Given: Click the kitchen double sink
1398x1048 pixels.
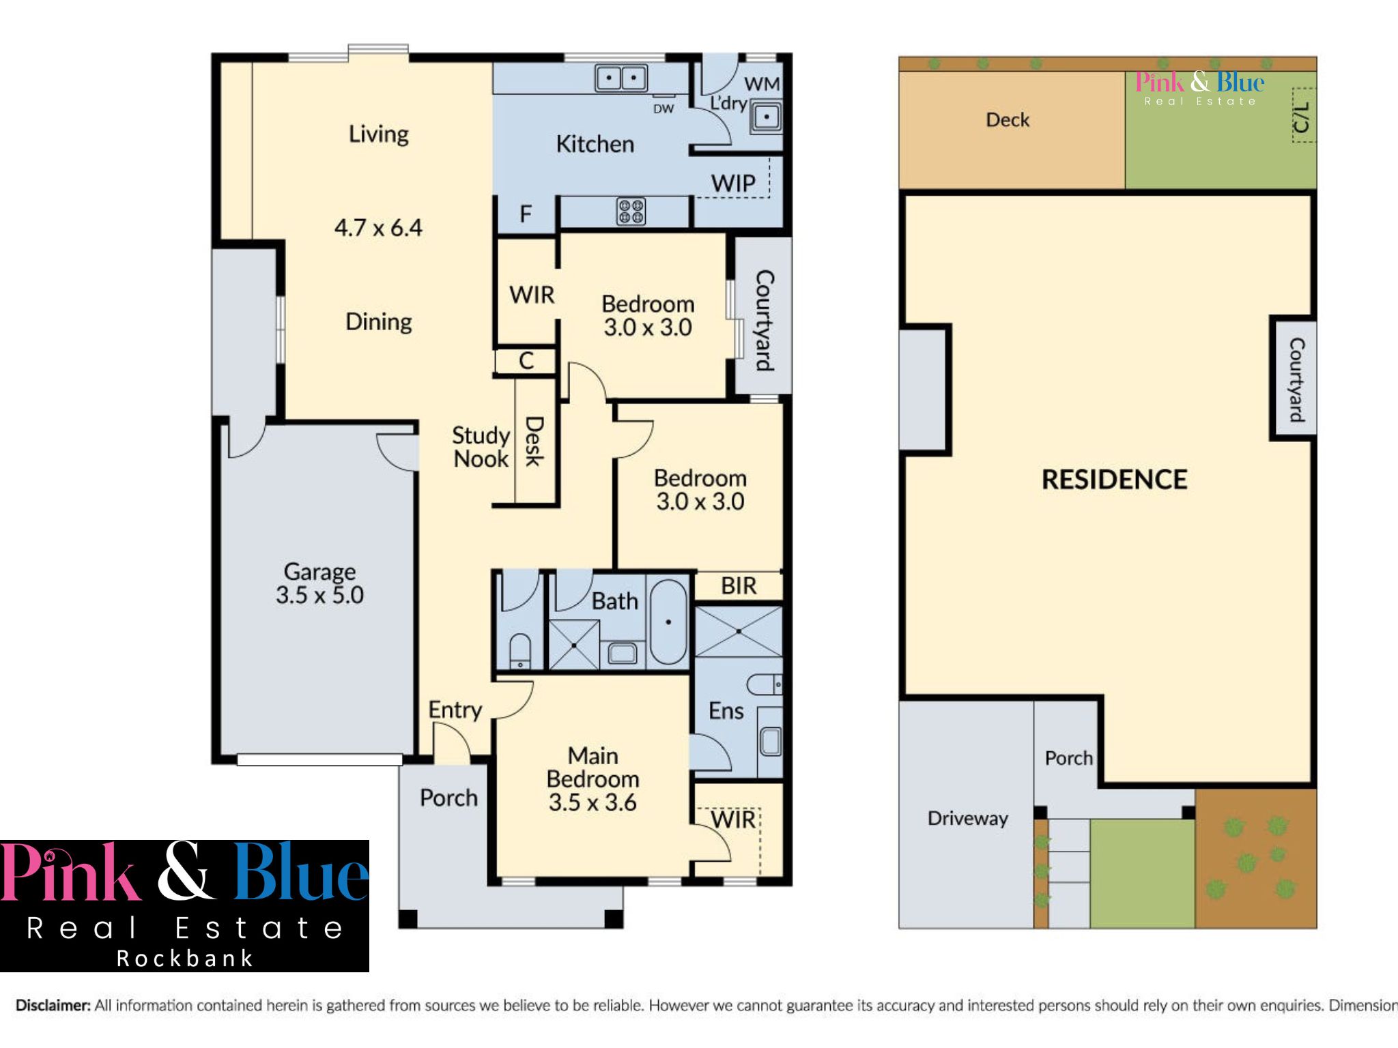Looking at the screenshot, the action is point(621,78).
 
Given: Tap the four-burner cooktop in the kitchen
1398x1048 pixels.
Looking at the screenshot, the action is point(631,212).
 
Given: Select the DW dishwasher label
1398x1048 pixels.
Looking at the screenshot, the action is point(664,108).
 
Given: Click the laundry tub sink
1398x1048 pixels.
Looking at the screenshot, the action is point(767,117).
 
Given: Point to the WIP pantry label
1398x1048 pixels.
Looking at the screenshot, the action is point(733,183).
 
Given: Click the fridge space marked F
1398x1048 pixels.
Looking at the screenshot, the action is point(526,214).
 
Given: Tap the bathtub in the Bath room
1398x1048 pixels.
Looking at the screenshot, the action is point(668,622).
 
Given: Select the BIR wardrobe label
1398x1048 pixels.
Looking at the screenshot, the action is point(739,585).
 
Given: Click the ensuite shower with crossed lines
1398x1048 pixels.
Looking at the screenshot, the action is point(739,632).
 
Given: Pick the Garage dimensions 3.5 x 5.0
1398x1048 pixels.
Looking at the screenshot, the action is point(319,595).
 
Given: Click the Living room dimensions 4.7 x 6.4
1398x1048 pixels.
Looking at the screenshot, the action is point(378,227).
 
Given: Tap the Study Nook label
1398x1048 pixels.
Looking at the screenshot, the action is point(481,447).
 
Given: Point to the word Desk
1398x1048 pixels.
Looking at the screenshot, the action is point(534,441).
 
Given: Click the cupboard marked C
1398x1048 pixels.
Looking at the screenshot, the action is point(526,361).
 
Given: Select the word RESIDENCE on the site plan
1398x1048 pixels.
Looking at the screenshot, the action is point(1114,480).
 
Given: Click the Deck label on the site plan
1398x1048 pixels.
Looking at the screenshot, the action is point(1008,120).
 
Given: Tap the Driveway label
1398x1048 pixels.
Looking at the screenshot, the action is point(967,818).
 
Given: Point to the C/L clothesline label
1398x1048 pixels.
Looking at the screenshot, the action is point(1302,117).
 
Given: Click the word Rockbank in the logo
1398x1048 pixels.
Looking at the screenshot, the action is point(184,958).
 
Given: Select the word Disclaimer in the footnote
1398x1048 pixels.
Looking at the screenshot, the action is point(53,1005).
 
